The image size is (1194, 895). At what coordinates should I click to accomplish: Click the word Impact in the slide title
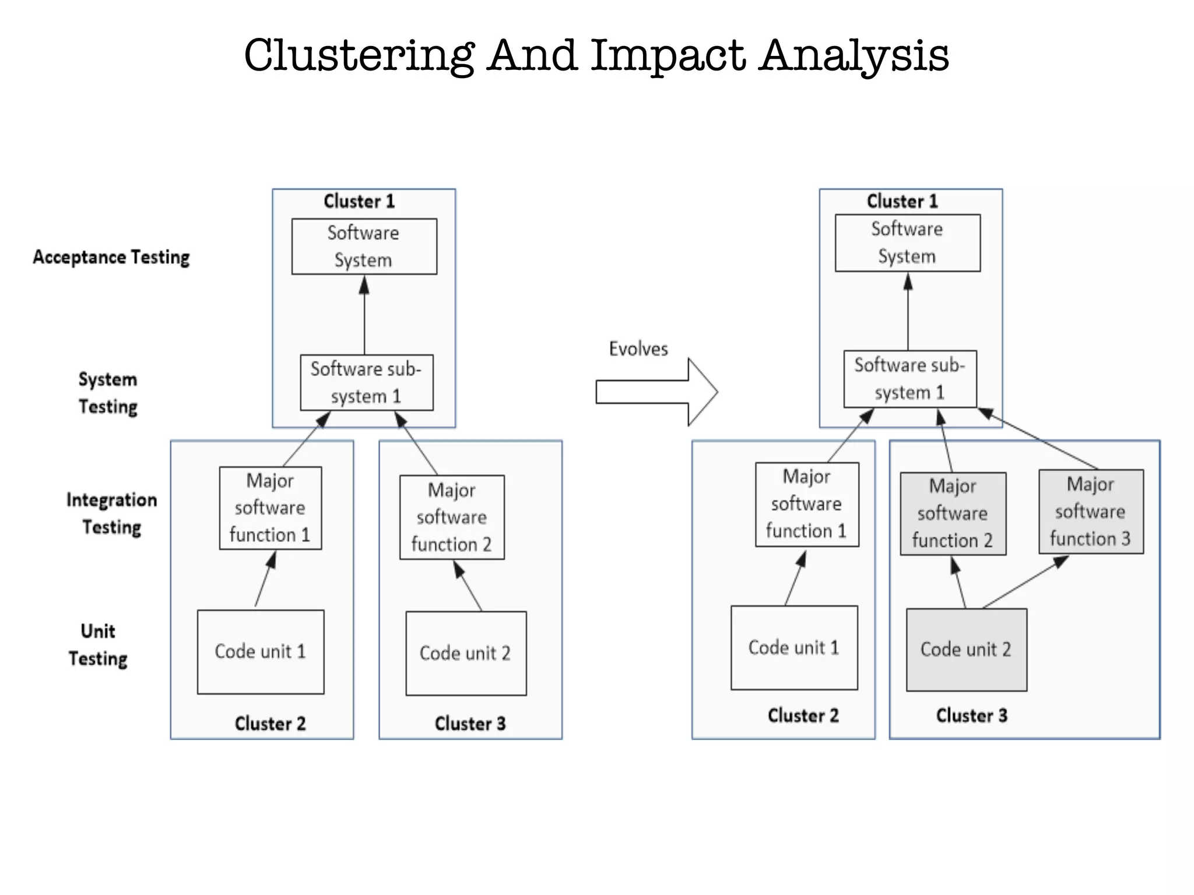668,56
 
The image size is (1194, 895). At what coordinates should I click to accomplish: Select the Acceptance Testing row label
111,257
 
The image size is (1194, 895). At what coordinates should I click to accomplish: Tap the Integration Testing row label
111,513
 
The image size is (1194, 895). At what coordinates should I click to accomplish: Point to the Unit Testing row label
98,644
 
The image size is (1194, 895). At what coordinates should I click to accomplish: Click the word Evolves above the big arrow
638,348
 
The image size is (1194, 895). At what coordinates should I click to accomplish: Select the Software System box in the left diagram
364,246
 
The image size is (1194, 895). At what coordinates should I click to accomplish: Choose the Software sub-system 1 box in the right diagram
909,379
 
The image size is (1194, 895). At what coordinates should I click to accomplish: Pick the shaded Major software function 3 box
1091,512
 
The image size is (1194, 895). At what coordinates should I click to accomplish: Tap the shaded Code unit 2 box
966,650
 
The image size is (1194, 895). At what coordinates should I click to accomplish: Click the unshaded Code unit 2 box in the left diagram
465,653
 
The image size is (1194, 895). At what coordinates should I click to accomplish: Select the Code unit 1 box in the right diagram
794,647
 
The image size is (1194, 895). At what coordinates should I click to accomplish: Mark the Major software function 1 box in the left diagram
270,508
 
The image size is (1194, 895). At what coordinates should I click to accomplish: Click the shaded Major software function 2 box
953,513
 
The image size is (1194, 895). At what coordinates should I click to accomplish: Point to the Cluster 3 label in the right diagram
971,716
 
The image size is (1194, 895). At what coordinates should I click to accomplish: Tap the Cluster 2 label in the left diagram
270,723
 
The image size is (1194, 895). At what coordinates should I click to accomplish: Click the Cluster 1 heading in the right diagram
902,201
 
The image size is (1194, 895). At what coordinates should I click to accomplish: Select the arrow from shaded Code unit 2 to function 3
1026,582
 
